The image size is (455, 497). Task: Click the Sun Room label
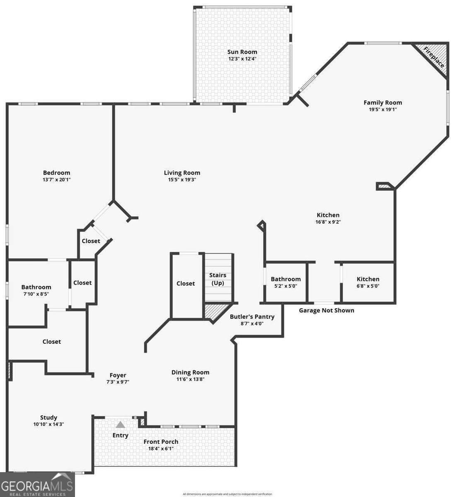click(x=242, y=52)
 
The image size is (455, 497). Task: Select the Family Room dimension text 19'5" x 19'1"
click(x=382, y=110)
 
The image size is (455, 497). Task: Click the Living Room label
click(x=182, y=173)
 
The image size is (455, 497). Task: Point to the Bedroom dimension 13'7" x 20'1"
click(x=56, y=180)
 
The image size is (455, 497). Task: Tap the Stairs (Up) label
click(x=218, y=279)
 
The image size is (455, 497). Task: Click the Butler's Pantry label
click(x=252, y=317)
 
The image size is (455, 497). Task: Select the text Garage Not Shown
click(x=327, y=310)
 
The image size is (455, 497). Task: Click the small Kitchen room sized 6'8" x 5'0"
click(x=368, y=282)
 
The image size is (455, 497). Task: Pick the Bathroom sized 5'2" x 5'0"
click(x=286, y=282)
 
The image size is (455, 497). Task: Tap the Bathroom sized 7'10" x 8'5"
click(x=36, y=290)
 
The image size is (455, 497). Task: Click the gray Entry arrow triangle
click(x=120, y=425)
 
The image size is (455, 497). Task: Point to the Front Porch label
click(x=161, y=442)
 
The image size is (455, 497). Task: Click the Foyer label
click(x=118, y=375)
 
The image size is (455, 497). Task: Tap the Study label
click(x=48, y=417)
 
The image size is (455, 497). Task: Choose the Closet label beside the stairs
click(x=186, y=283)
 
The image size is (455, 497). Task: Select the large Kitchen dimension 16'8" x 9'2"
click(x=328, y=222)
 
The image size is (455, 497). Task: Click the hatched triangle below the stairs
click(x=215, y=311)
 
